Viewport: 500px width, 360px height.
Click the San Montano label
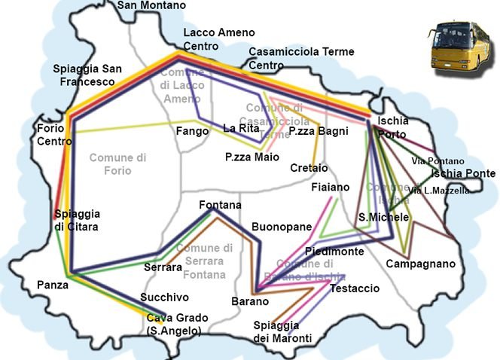(151, 5)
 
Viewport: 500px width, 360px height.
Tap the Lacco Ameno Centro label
(219, 39)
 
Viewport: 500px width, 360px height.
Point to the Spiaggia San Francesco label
(87, 75)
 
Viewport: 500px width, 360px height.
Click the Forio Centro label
(54, 135)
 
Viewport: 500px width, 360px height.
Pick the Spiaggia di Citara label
(76, 220)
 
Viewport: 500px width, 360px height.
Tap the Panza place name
(52, 285)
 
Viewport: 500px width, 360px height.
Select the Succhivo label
(164, 297)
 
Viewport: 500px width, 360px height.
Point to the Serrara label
(163, 267)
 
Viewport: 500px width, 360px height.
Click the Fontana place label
(220, 205)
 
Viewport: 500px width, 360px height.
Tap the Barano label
(250, 301)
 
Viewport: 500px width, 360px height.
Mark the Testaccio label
(355, 288)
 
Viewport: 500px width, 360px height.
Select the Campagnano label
(420, 264)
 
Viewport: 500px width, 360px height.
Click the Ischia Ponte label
(463, 174)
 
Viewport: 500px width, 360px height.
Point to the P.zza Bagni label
(319, 132)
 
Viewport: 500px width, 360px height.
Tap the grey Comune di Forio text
(117, 164)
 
